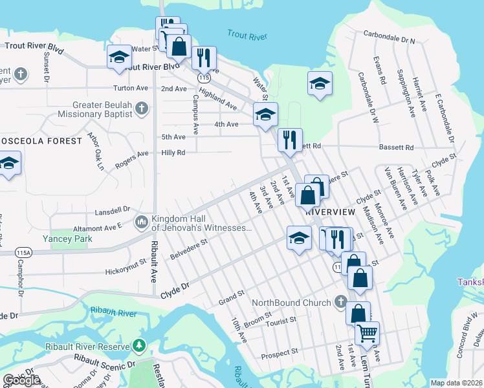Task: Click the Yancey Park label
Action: [x=67, y=239]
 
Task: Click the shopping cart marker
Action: [x=367, y=334]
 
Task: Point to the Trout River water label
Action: [x=247, y=34]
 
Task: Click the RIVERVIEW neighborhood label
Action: [x=330, y=211]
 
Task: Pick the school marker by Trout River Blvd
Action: [x=119, y=58]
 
